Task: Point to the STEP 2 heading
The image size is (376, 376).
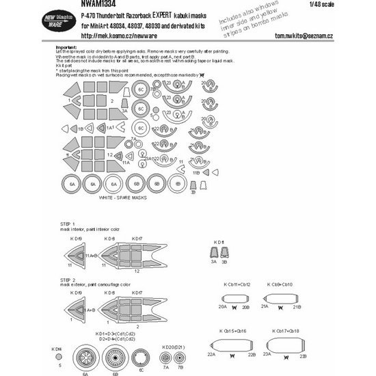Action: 64,280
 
